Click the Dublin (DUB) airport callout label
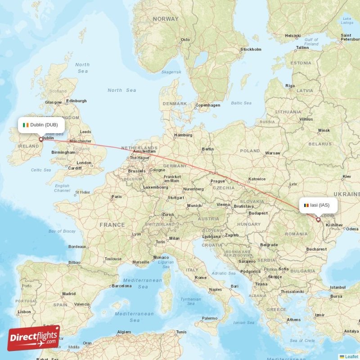pyautogui.click(x=41, y=125)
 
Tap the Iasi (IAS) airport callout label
pyautogui.click(x=318, y=205)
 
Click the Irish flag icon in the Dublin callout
pyautogui.click(x=26, y=125)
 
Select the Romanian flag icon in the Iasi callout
pyautogui.click(x=306, y=205)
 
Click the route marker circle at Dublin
pyautogui.click(x=41, y=139)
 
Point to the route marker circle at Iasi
pyautogui.click(x=318, y=220)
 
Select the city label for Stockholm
pyautogui.click(x=251, y=49)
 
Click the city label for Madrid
pyautogui.click(x=69, y=294)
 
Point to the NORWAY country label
pyautogui.click(x=166, y=19)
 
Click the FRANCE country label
pyautogui.click(x=112, y=225)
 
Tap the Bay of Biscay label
pyautogui.click(x=62, y=231)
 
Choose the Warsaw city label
pyautogui.click(x=273, y=153)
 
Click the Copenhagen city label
pyautogui.click(x=208, y=105)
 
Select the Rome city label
pyautogui.click(x=200, y=278)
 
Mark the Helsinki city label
pyautogui.click(x=292, y=36)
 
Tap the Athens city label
pyautogui.click(x=294, y=320)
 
